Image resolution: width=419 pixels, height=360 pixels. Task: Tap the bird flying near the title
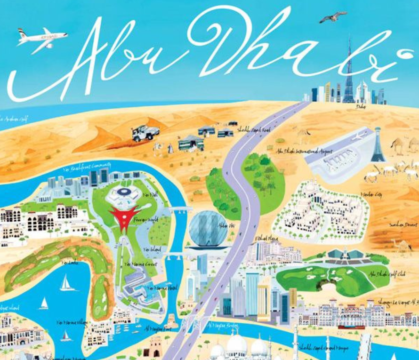coord(333,17)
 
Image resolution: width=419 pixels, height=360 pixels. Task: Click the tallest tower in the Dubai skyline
coord(349,71)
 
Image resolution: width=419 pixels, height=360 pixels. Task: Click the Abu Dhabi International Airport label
coord(304,151)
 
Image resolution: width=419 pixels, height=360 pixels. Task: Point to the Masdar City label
coord(371,194)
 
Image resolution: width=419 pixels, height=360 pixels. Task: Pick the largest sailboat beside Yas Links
coord(67,283)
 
